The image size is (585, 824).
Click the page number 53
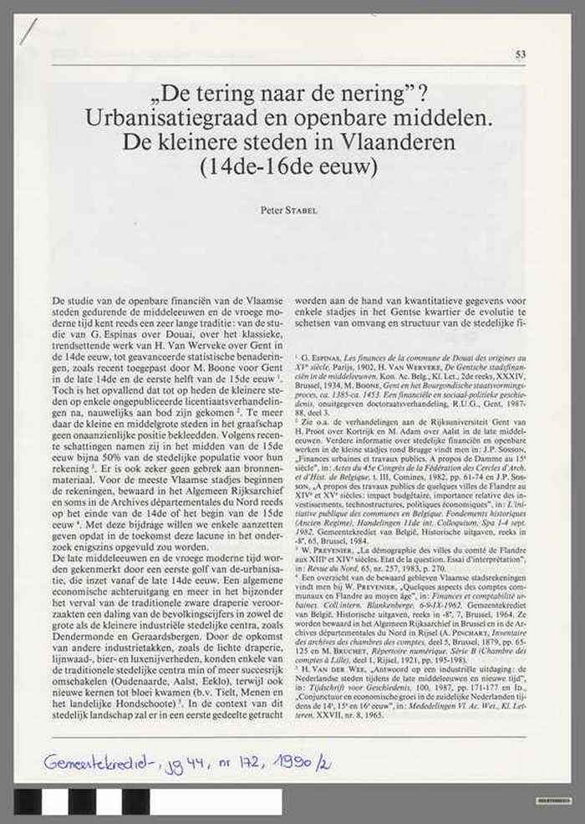(521, 55)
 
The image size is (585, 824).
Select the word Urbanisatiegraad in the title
(164, 119)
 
